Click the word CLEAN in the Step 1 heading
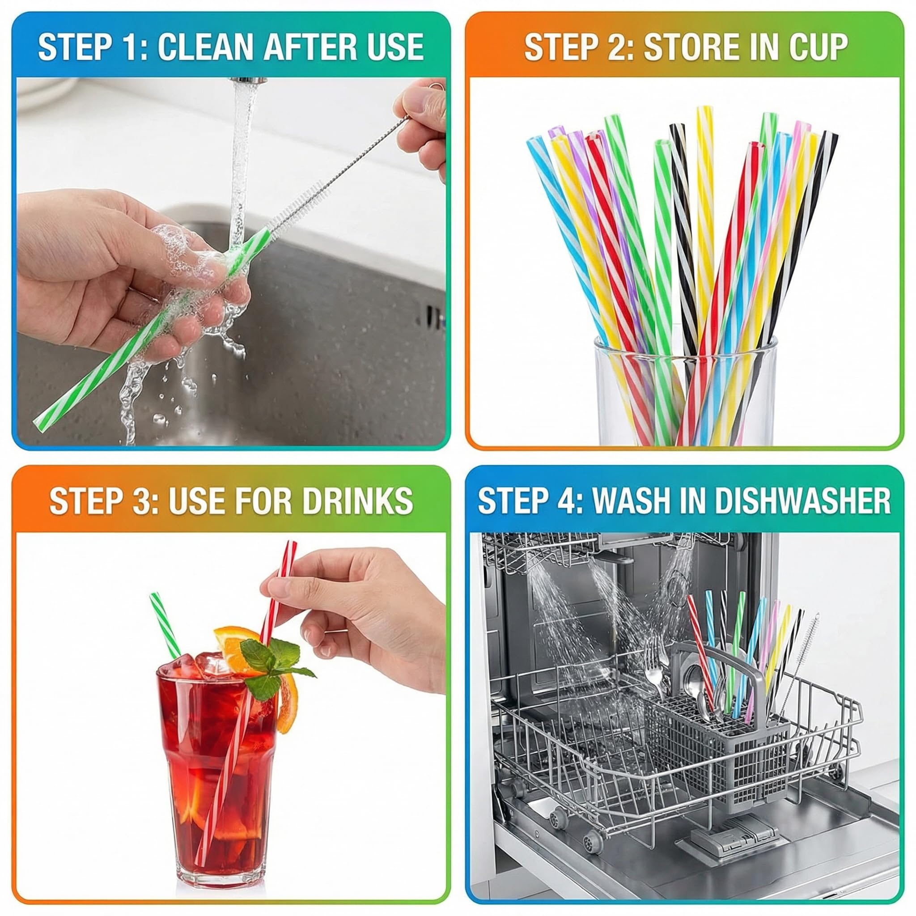(205, 47)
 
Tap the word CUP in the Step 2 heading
(818, 47)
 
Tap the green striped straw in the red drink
(165, 625)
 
